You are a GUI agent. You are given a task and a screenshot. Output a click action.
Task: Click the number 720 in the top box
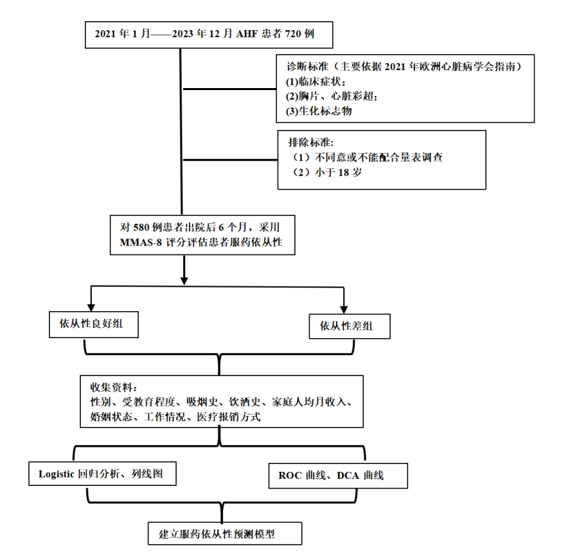(292, 34)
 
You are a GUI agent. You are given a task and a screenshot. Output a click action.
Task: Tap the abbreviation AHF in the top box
(247, 34)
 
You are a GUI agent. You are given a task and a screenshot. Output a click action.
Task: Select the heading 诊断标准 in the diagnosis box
(308, 67)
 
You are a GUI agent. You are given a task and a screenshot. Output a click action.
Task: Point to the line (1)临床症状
(316, 82)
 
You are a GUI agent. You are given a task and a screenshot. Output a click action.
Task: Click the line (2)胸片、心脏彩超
(332, 96)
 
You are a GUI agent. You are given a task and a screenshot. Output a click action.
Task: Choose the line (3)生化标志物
(319, 111)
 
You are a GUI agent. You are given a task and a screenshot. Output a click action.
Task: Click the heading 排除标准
(311, 143)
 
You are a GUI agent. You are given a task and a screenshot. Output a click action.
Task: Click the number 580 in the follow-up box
(141, 228)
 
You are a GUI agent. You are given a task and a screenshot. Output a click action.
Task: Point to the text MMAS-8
(141, 242)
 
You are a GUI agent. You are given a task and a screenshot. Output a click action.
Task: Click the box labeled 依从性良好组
(94, 325)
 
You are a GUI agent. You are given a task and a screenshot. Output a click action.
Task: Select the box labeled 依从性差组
(350, 326)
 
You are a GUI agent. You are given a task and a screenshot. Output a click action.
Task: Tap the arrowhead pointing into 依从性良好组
(91, 308)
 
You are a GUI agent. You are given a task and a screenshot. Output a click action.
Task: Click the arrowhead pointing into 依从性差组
(344, 310)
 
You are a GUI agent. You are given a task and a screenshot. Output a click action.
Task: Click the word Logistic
(56, 474)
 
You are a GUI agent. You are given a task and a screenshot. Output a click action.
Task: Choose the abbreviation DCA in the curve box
(348, 476)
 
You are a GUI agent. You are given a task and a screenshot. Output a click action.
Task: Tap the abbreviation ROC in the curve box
(289, 476)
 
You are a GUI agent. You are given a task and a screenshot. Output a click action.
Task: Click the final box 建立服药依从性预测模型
(225, 534)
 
